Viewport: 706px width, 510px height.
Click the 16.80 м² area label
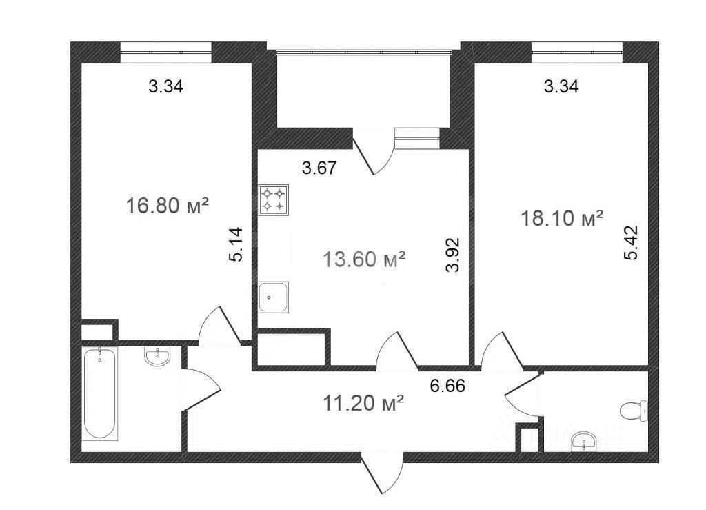pos(167,206)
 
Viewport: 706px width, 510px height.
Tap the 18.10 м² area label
pos(561,219)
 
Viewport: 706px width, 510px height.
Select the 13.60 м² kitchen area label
pos(364,259)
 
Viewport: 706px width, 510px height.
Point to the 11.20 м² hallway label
pos(363,403)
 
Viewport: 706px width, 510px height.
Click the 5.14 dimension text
pos(236,244)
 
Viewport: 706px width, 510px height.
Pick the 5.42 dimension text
pos(631,243)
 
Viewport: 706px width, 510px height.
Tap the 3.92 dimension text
pos(452,255)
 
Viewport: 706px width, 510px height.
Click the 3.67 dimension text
pos(319,168)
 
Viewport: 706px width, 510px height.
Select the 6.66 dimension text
pos(447,386)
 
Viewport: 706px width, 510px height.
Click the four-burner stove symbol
pos(274,199)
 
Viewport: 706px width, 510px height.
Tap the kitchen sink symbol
pos(273,297)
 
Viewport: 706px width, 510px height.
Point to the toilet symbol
pos(634,411)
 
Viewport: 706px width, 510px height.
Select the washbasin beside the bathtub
pos(158,356)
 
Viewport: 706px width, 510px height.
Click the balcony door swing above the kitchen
pos(373,151)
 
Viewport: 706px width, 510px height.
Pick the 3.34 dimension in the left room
pos(165,86)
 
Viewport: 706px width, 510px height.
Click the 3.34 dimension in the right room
pos(561,86)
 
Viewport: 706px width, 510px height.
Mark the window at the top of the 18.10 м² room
pos(577,52)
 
